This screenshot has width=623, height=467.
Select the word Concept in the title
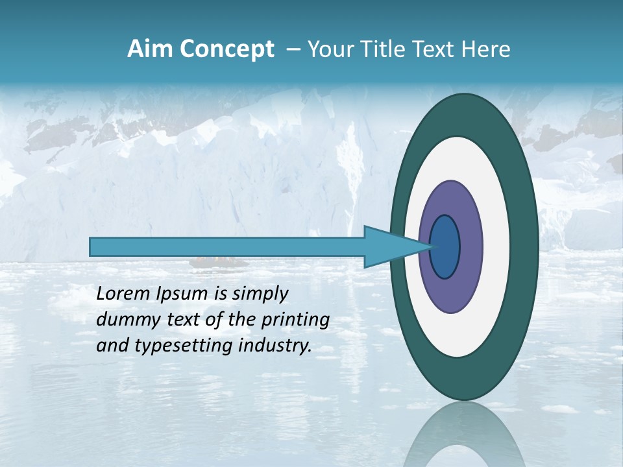226,49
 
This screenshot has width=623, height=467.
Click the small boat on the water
218,263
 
